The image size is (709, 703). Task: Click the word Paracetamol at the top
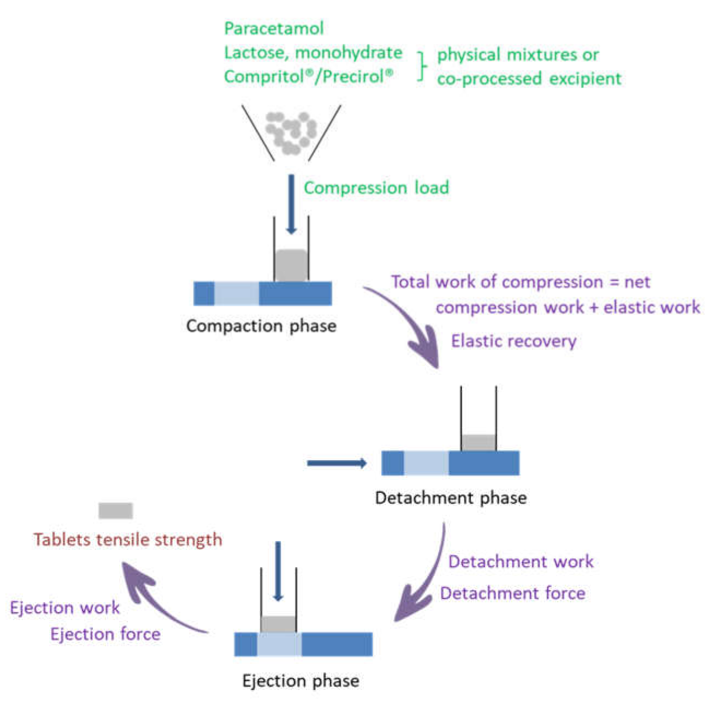[x=274, y=29]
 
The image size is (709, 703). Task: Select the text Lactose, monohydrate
[x=313, y=53]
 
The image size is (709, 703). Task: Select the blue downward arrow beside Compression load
[x=291, y=204]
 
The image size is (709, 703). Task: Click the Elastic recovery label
[x=513, y=341]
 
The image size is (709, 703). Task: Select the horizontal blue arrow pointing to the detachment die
[x=337, y=463]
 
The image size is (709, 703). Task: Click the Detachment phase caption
[x=451, y=498]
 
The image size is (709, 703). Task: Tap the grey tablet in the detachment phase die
[x=478, y=442]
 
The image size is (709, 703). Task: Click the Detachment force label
[x=513, y=593]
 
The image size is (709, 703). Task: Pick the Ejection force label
[x=105, y=634]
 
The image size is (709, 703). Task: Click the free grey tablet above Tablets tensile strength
[x=115, y=510]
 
